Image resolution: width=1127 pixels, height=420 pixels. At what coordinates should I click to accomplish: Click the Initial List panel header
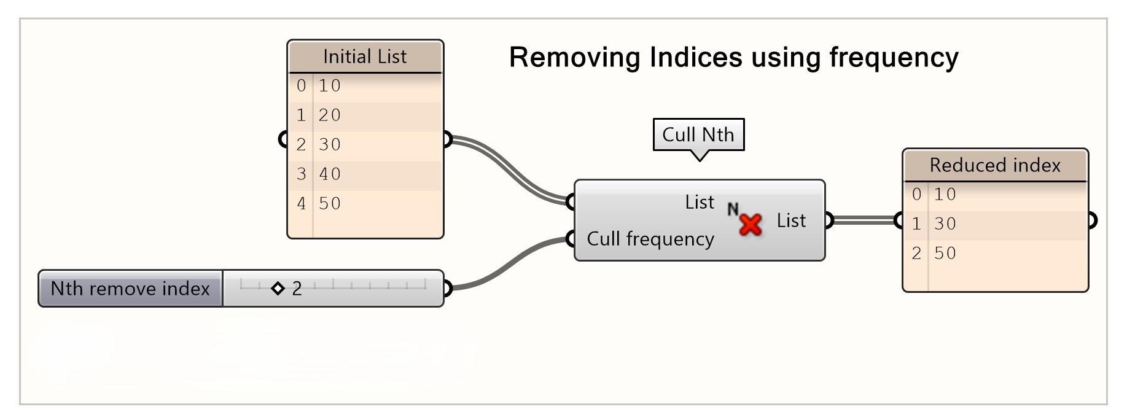(x=365, y=57)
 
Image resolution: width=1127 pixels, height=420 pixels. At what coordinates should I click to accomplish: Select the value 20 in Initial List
(x=330, y=115)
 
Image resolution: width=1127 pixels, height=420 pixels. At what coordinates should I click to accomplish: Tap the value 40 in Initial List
(x=330, y=174)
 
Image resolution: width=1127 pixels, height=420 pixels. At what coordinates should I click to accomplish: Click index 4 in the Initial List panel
(x=301, y=203)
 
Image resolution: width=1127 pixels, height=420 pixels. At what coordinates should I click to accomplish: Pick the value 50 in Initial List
(x=330, y=203)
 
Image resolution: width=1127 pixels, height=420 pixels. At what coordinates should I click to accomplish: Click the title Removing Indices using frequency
(x=733, y=58)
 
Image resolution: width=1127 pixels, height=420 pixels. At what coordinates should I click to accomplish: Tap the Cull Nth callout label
(x=698, y=134)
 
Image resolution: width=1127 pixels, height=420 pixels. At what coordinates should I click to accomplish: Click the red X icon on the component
(x=750, y=225)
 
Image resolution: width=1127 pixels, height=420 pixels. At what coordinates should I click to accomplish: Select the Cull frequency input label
(x=650, y=238)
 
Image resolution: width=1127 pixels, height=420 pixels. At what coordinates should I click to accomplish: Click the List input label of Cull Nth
(x=700, y=202)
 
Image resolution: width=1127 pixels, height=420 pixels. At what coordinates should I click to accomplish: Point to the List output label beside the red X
(x=791, y=220)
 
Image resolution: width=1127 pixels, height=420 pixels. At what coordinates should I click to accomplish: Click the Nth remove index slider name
(x=130, y=289)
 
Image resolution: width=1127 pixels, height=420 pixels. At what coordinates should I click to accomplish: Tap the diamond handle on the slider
(x=278, y=288)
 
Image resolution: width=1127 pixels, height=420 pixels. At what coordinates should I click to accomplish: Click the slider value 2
(x=297, y=289)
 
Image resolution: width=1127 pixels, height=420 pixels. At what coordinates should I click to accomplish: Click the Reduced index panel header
(x=995, y=165)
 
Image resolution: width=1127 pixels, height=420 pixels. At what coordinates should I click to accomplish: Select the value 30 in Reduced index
(x=945, y=224)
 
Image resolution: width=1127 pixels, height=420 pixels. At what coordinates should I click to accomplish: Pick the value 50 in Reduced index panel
(x=945, y=253)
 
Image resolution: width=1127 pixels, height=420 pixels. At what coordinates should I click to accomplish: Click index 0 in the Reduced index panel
(x=916, y=194)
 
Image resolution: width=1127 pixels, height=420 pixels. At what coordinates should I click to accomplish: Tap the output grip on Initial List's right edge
(x=447, y=140)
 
